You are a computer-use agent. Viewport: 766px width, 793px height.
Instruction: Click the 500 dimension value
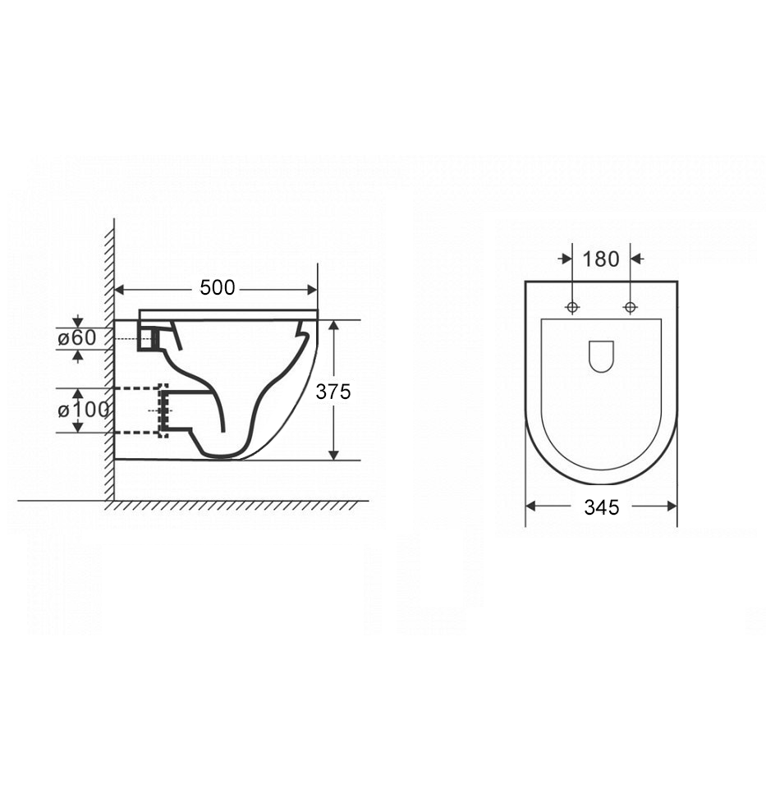point(218,288)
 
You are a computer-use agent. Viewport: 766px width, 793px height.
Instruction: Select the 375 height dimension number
point(333,392)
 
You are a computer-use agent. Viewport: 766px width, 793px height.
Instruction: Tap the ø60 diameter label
point(76,338)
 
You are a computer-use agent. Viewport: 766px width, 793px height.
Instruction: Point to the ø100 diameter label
point(83,410)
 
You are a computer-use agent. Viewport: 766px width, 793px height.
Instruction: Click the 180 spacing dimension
point(601,259)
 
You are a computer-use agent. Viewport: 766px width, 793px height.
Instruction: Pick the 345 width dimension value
point(602,507)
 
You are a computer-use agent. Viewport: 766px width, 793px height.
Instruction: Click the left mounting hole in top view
point(572,307)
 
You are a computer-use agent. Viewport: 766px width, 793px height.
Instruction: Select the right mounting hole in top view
point(631,307)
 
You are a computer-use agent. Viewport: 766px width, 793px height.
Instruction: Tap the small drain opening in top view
point(602,356)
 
